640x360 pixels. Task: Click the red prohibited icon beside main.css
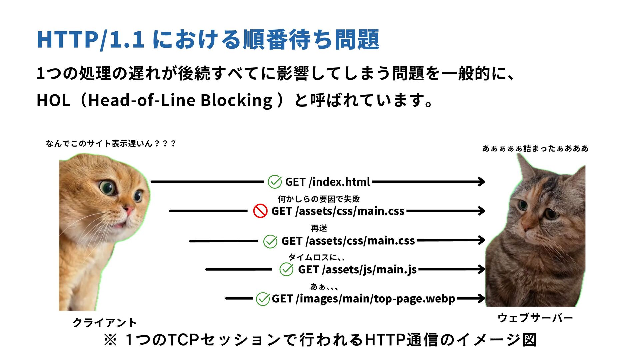pos(260,211)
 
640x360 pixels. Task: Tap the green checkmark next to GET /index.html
pos(275,182)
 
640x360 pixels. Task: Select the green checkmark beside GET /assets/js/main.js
pos(286,269)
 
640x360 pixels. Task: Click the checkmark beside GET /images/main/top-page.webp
pos(263,299)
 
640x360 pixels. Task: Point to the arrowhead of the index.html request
pos(482,182)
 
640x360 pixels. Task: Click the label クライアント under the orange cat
pos(105,323)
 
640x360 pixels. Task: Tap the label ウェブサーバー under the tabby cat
pos(535,318)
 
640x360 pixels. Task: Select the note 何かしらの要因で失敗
pos(319,199)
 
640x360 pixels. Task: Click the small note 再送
pos(319,228)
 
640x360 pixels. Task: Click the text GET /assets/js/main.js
pos(357,269)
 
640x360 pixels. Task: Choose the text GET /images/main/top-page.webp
pos(363,299)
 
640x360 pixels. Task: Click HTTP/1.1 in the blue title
pos(90,40)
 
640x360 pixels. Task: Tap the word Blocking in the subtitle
pos(237,100)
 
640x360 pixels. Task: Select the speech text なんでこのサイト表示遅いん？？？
pos(111,144)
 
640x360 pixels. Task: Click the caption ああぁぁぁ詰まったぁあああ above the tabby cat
pos(535,148)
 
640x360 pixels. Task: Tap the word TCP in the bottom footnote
pos(183,340)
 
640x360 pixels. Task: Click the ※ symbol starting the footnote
pos(110,340)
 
